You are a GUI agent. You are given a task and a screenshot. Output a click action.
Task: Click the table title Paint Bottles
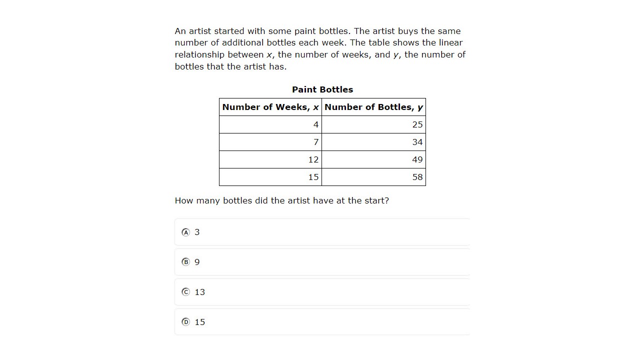322,89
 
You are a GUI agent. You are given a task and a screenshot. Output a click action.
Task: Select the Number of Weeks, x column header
270,107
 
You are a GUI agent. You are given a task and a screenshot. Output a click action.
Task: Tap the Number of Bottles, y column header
373,107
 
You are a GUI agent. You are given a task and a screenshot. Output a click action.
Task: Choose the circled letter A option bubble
186,232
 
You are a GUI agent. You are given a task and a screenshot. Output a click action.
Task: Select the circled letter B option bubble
186,262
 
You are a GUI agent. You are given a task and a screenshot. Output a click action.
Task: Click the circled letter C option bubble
186,292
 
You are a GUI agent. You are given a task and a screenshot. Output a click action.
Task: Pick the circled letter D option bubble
186,322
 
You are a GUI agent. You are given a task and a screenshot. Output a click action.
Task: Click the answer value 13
200,292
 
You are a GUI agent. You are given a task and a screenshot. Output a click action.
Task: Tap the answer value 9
197,262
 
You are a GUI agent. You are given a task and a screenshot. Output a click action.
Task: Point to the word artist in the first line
200,31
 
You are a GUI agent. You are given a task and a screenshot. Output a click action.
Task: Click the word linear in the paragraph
449,42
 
